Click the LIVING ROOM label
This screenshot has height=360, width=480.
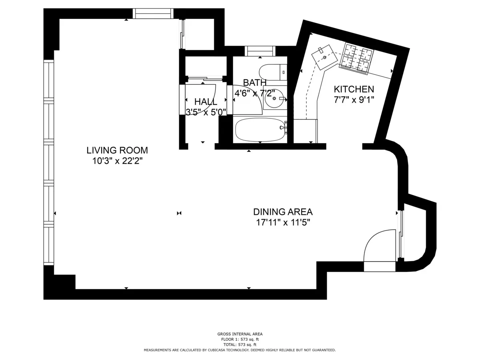pyautogui.click(x=117, y=150)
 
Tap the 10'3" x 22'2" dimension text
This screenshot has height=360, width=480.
pyautogui.click(x=117, y=161)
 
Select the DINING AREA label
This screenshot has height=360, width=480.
pyautogui.click(x=283, y=212)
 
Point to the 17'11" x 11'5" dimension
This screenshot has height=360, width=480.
pyautogui.click(x=283, y=222)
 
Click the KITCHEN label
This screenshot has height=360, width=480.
pyautogui.click(x=354, y=89)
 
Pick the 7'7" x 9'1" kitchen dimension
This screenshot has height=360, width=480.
pyautogui.click(x=354, y=100)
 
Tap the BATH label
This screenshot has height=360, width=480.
pyautogui.click(x=255, y=83)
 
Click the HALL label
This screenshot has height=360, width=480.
pyautogui.click(x=206, y=102)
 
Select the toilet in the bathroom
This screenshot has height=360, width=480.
pyautogui.click(x=272, y=72)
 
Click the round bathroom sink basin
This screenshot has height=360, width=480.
pyautogui.click(x=275, y=98)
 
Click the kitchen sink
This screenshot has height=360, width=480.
pyautogui.click(x=324, y=58)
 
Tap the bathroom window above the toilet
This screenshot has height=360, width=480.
pyautogui.click(x=260, y=51)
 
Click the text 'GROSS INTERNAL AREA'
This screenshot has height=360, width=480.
pyautogui.click(x=240, y=334)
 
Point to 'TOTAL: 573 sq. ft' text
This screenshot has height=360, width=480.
pyautogui.click(x=240, y=344)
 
